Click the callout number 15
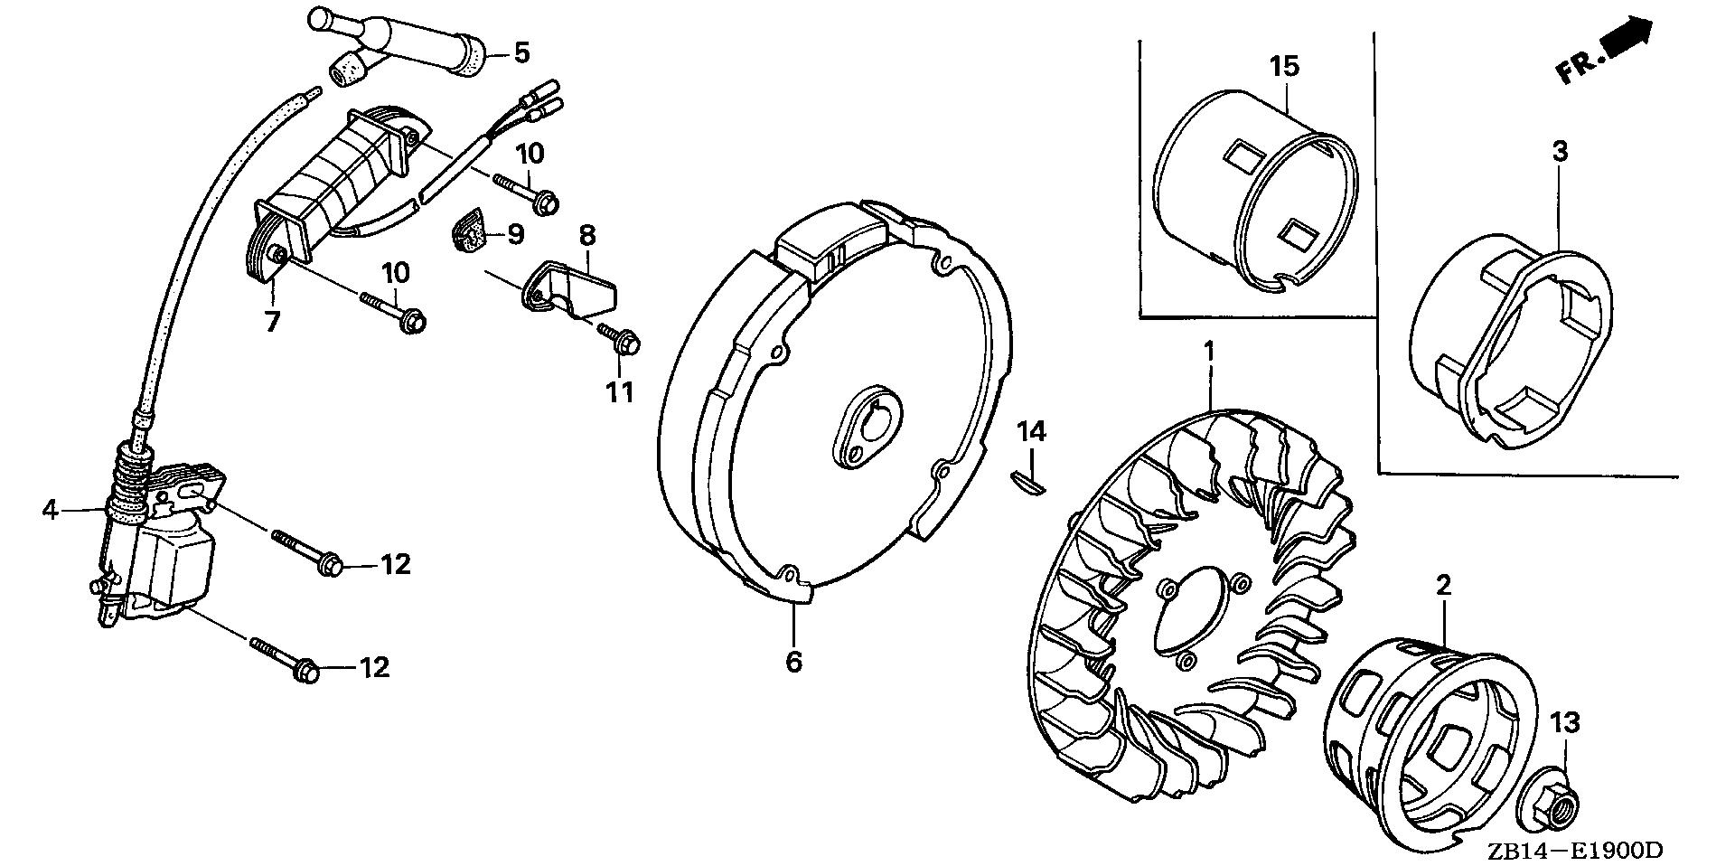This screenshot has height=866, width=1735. [x=1283, y=66]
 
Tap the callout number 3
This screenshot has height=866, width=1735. [x=1560, y=152]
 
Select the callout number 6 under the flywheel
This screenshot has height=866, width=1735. [x=792, y=662]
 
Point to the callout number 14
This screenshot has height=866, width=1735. [x=1032, y=432]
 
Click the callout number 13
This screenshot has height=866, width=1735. [x=1565, y=723]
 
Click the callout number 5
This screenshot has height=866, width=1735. [x=521, y=52]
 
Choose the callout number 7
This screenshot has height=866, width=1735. [x=272, y=321]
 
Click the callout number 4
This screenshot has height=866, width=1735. [x=50, y=511]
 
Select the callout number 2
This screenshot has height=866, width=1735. [x=1443, y=586]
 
